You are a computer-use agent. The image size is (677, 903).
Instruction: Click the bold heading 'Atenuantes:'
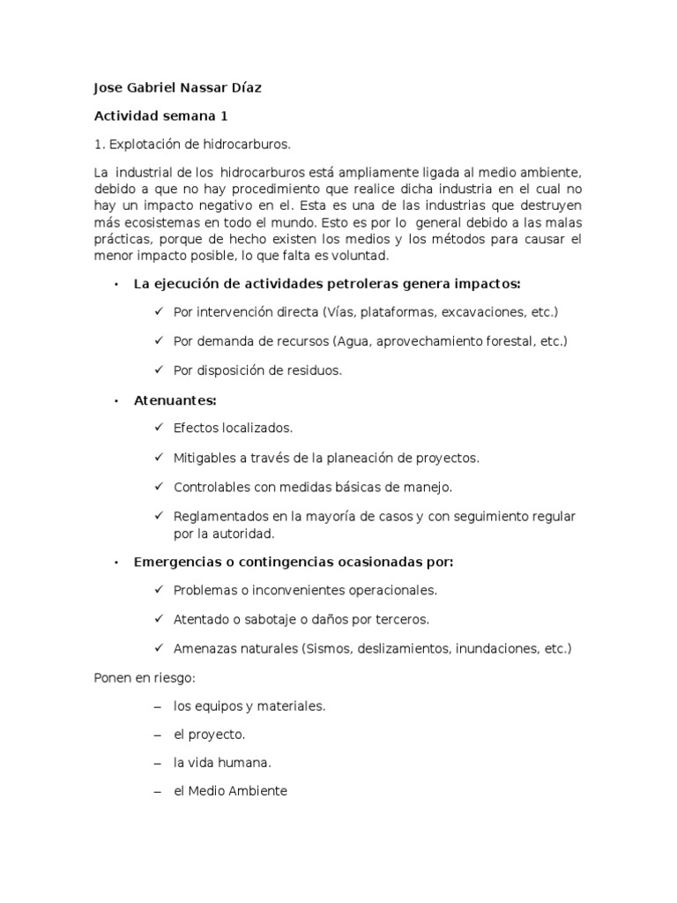(175, 399)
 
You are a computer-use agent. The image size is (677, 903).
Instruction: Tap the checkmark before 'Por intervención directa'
(159, 312)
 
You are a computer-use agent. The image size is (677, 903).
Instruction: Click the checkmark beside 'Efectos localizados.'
(159, 428)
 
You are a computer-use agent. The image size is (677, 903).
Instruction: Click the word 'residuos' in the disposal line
(313, 370)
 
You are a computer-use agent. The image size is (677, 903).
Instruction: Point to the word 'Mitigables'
(205, 458)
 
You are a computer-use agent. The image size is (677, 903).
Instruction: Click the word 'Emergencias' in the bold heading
(172, 562)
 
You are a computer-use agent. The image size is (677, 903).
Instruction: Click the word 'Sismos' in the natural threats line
(326, 648)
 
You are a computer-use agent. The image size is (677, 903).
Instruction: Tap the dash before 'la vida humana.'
(159, 763)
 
